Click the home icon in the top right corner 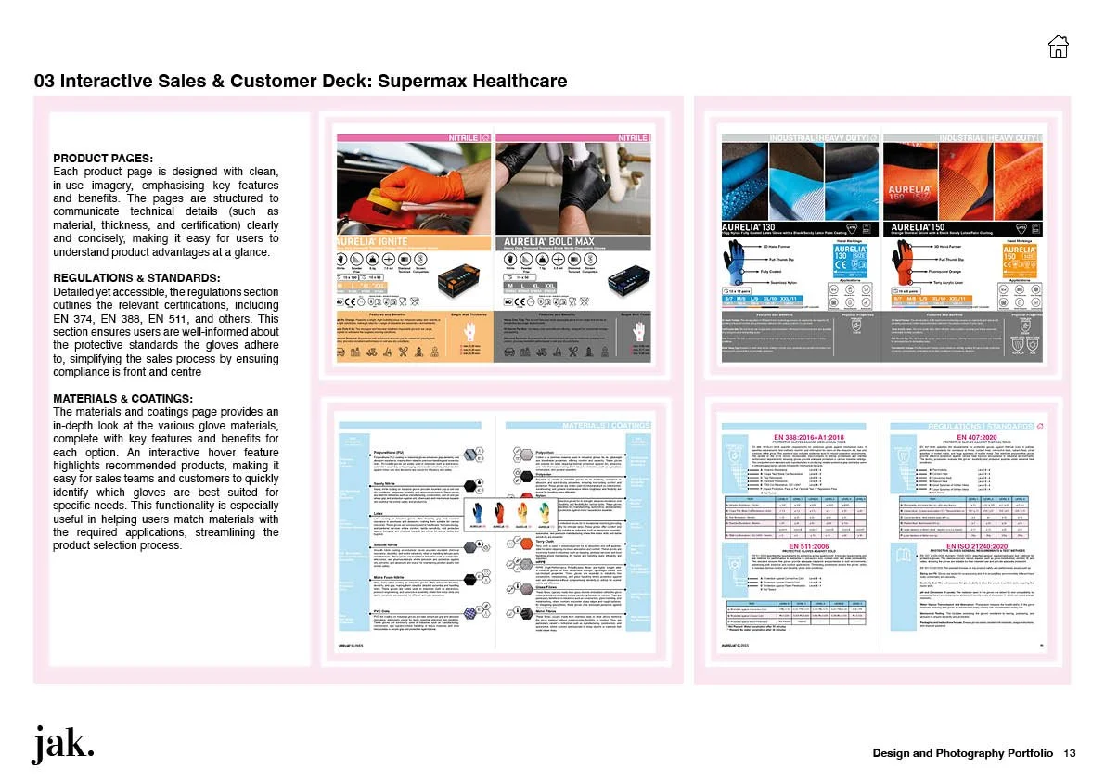pos(1057,45)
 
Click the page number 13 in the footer pos(1070,752)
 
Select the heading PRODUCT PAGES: pos(103,158)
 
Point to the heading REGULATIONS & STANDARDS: pos(136,278)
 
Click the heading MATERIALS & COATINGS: pos(123,399)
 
